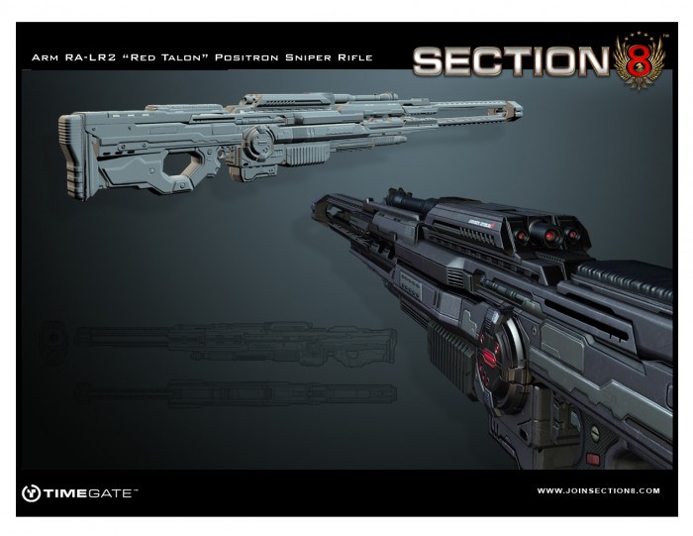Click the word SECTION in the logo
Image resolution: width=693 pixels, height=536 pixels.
pos(511,61)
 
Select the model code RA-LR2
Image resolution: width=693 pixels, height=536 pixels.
pos(95,57)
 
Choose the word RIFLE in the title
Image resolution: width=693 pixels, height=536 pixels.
pos(357,57)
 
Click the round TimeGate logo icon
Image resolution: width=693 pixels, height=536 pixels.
pos(31,492)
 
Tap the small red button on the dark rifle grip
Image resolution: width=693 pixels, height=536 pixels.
pos(592,459)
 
